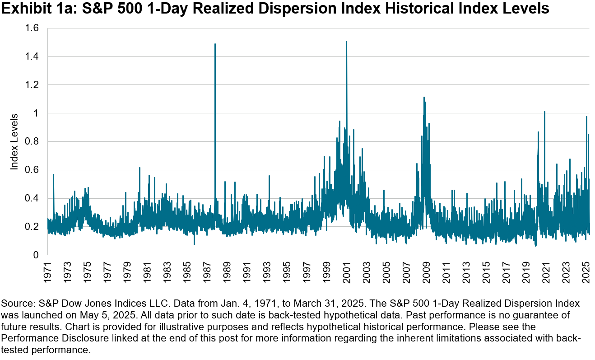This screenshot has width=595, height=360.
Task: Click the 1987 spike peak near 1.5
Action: pos(215,44)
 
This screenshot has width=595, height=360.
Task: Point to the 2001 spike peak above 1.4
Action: pos(346,42)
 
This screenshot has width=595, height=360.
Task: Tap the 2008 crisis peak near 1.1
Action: pos(424,98)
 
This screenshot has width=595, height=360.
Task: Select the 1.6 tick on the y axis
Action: pos(33,28)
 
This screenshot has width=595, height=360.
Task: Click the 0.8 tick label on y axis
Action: pos(33,141)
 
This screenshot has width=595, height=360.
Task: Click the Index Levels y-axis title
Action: pos(14,141)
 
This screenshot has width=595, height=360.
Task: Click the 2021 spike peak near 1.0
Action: pos(544,112)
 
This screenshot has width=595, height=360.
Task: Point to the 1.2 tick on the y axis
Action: pos(33,85)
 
